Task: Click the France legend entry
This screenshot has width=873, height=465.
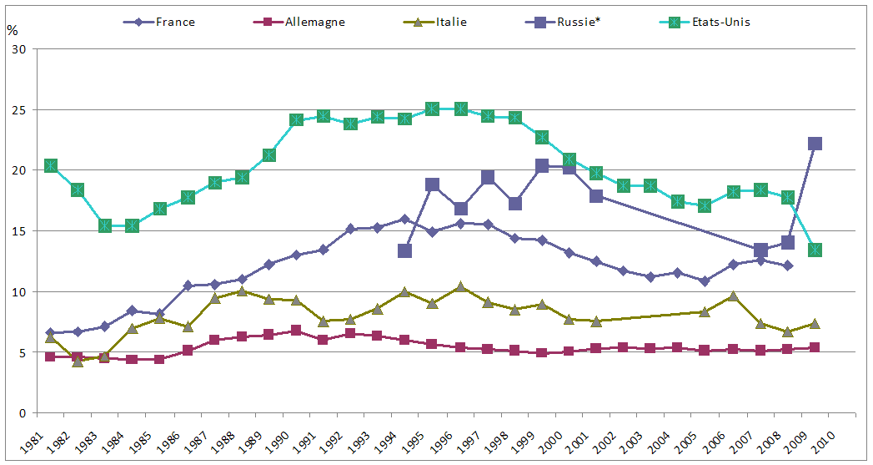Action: click(174, 22)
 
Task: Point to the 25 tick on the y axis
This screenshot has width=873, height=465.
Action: click(19, 110)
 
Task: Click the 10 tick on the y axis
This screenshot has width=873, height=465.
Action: click(19, 292)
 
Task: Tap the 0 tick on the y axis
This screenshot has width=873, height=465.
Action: click(23, 413)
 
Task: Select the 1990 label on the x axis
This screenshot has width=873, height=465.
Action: click(280, 440)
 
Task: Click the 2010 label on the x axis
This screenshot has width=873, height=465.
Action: click(825, 440)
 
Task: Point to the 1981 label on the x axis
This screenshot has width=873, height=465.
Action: click(34, 440)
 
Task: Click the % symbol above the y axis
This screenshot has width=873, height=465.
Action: click(12, 31)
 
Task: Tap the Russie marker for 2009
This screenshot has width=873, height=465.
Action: click(815, 144)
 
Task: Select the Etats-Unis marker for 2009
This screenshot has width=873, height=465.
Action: click(815, 250)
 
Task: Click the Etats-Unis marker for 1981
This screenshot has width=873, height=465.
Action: click(51, 165)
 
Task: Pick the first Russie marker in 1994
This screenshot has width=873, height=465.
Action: click(405, 250)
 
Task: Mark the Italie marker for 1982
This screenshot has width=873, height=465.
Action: click(78, 361)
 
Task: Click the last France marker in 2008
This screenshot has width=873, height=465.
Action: click(788, 265)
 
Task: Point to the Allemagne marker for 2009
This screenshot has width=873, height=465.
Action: click(815, 347)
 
